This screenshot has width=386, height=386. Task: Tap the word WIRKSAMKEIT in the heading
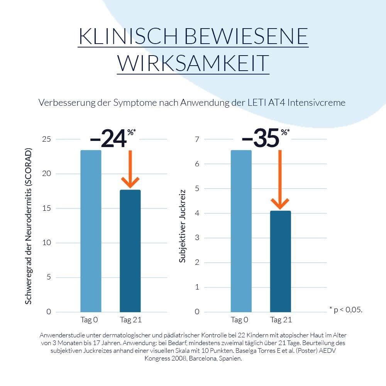coord(193,63)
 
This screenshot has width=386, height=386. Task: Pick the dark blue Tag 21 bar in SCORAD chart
coord(130,251)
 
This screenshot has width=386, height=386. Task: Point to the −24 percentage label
coord(108,139)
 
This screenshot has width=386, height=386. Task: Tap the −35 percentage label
coord(261,139)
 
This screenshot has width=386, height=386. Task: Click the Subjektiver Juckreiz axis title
coord(183,226)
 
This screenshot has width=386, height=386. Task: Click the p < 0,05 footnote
coord(346,309)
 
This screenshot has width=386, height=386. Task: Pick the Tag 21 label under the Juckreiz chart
coord(281,320)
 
